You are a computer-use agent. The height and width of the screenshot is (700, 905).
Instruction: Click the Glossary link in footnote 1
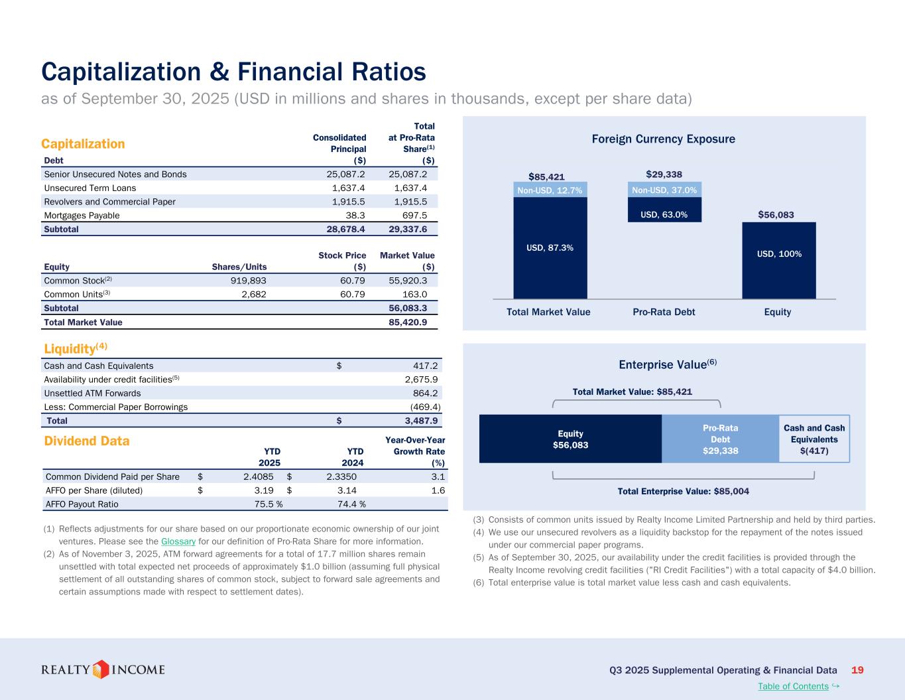[178, 541]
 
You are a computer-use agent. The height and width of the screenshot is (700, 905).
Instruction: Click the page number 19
[857, 670]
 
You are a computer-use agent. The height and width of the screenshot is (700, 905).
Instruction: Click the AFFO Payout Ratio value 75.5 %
[265, 504]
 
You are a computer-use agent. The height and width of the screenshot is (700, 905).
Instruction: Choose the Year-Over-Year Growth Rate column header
[415, 451]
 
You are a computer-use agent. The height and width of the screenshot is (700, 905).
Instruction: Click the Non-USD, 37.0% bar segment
[664, 190]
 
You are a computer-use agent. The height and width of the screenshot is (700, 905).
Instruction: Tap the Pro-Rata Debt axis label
[664, 312]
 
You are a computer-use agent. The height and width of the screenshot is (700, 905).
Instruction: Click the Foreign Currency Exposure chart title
[663, 139]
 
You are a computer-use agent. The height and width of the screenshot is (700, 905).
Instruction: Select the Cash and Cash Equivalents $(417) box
[814, 439]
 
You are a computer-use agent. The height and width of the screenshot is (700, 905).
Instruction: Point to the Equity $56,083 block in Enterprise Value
[570, 439]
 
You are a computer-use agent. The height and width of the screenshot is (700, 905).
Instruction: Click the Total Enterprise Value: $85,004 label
[683, 492]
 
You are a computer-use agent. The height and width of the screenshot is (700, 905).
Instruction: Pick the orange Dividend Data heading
[86, 441]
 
